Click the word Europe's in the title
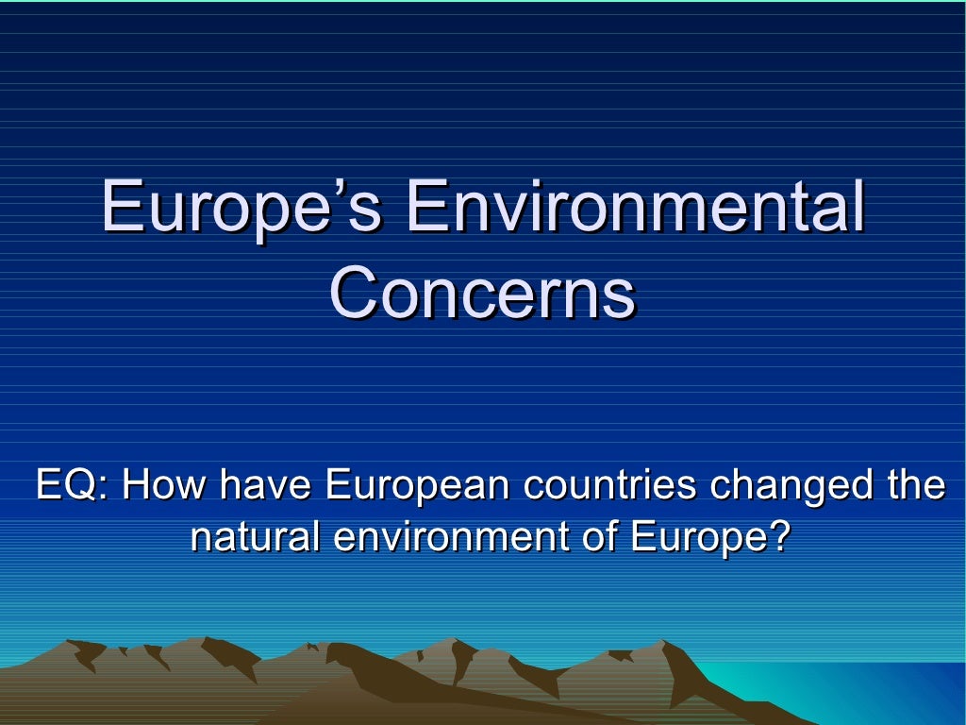tap(241, 209)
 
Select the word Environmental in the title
tap(634, 209)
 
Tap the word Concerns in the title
tap(482, 293)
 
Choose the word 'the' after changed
tap(915, 486)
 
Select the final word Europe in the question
tap(697, 539)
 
